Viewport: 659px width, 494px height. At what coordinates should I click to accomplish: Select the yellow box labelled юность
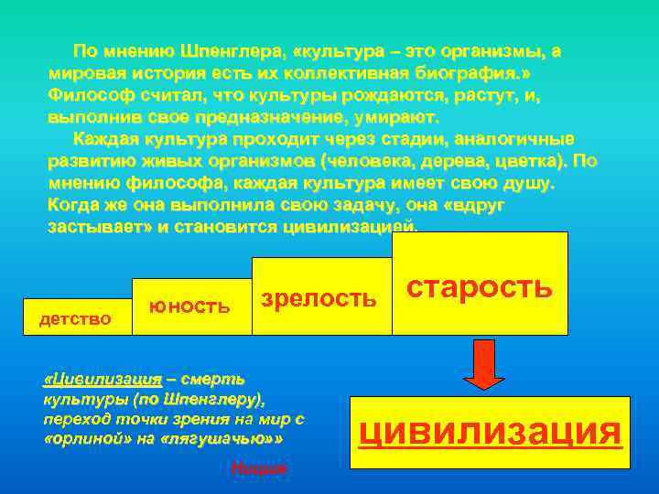tap(189, 306)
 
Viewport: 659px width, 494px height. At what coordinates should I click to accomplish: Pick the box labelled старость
tap(479, 285)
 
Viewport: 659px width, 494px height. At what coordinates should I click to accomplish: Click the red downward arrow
tap(490, 364)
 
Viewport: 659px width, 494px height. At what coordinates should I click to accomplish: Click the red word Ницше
tap(259, 468)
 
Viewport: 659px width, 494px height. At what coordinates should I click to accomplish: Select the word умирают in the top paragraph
tap(395, 117)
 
